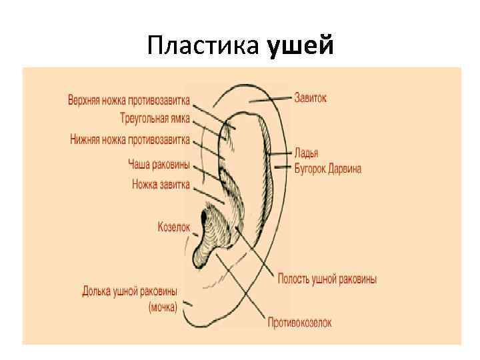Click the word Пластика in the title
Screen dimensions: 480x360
pos(204,46)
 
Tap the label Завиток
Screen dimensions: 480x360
pos(311,98)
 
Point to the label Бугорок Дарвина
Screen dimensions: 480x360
pos(328,169)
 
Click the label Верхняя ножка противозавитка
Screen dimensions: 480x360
pos(129,101)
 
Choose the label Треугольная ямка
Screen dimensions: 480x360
pos(155,119)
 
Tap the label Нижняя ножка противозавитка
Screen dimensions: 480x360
pos(130,139)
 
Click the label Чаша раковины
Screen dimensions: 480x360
pos(159,164)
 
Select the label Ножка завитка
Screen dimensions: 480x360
pos(161,184)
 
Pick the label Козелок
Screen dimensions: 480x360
pos(174,227)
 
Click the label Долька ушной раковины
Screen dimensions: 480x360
pos(130,291)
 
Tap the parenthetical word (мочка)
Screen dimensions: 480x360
pos(163,307)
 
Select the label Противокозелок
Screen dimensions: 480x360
pos(299,323)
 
